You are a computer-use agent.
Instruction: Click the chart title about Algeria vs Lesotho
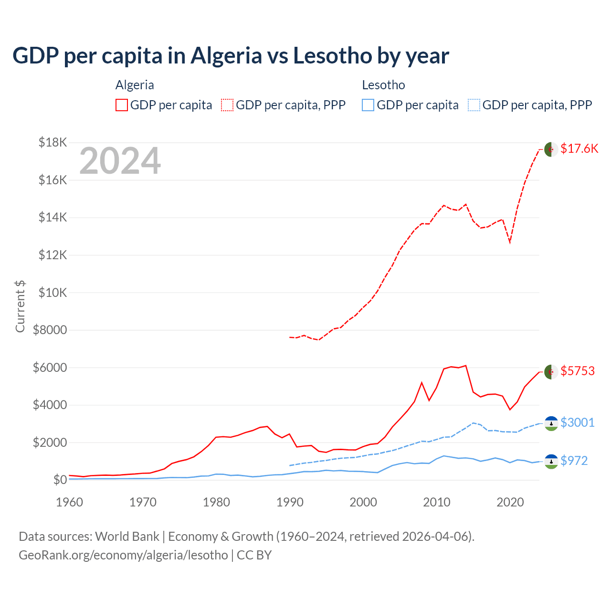[x=231, y=56]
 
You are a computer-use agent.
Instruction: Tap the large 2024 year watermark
[x=120, y=161]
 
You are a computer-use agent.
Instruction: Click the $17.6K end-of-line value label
[x=579, y=148]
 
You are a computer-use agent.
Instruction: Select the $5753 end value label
[x=578, y=371]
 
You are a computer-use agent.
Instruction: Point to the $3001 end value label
[x=578, y=422]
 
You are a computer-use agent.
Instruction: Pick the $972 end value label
[x=574, y=461]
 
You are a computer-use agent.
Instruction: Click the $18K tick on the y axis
[x=53, y=142]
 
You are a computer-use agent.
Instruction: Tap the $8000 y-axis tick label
[x=50, y=330]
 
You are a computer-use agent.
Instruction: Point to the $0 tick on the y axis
[x=60, y=480]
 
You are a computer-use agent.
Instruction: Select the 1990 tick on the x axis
[x=290, y=502]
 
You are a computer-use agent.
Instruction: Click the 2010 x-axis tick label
[x=437, y=502]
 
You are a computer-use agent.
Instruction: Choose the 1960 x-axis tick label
[x=70, y=502]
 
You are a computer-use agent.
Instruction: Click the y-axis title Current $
[x=20, y=306]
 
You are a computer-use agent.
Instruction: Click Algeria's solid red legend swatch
[x=122, y=105]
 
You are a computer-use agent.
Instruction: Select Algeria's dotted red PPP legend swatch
[x=227, y=105]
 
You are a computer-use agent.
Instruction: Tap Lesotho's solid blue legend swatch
[x=368, y=105]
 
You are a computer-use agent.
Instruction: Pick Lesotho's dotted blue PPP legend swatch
[x=474, y=105]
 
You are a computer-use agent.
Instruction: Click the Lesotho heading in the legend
[x=383, y=85]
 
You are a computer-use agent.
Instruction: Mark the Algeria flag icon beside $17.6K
[x=551, y=149]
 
